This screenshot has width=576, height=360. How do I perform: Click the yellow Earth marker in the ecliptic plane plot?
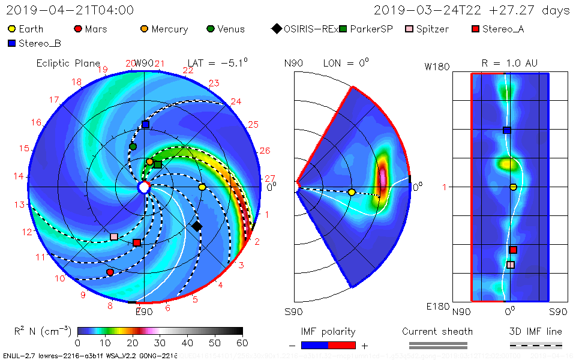(202, 187)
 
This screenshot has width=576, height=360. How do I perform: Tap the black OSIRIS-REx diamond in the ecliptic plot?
(197, 226)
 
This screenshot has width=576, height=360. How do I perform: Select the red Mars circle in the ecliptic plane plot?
(110, 272)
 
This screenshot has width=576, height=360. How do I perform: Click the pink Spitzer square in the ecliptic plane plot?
(114, 236)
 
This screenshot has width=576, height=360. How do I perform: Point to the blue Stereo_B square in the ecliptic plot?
(145, 124)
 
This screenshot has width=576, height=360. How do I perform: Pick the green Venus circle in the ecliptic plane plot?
(133, 146)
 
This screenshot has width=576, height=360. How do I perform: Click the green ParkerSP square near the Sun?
(158, 164)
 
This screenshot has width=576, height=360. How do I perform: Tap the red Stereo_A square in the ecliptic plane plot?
(137, 242)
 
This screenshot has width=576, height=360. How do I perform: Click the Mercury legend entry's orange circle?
(144, 29)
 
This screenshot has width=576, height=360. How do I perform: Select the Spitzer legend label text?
(432, 29)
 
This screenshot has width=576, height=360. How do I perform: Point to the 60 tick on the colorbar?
(242, 343)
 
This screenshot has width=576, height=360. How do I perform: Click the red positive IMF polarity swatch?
(342, 345)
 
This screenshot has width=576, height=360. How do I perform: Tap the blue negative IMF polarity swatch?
(315, 345)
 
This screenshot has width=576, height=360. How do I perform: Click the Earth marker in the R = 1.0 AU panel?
(513, 187)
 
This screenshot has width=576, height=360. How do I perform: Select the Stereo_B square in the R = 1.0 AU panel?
(506, 130)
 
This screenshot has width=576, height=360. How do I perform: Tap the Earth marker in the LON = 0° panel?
(352, 192)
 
